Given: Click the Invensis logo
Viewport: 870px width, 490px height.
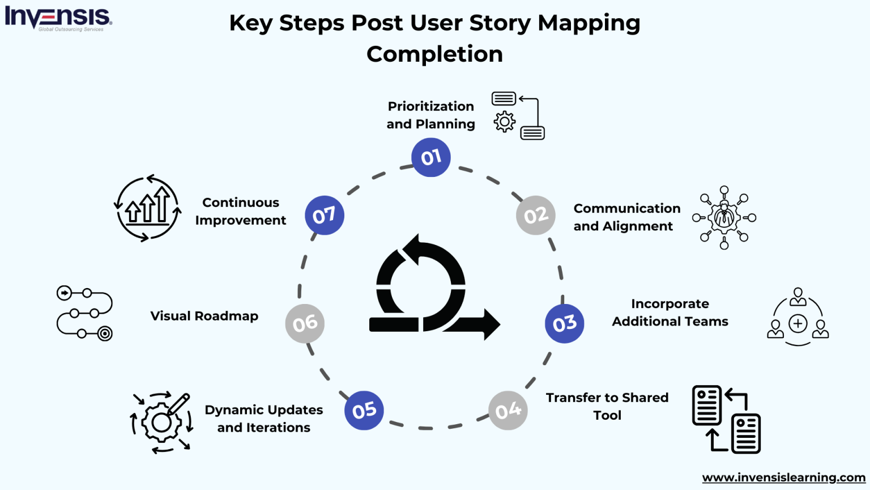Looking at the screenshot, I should [58, 18].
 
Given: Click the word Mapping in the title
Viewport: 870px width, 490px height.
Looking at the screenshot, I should [588, 24].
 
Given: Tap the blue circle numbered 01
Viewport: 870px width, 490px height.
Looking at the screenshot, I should [431, 157].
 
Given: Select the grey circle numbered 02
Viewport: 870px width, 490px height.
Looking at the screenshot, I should [535, 216].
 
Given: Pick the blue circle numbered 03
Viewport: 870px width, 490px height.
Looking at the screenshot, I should [564, 323].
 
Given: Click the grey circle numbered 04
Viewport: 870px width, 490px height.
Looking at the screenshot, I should [508, 410].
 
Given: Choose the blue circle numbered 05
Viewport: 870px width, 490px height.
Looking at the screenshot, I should [364, 410].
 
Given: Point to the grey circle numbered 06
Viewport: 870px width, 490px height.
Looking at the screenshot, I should [305, 323].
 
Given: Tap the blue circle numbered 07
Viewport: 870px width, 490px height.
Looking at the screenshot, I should [324, 216].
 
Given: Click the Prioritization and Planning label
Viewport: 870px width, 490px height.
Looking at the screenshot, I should [430, 115].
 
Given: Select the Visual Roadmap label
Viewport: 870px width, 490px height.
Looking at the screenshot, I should [204, 316].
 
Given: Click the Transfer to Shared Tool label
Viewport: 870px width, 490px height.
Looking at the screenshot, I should [607, 406].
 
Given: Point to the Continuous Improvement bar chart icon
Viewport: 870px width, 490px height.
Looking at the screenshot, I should [148, 208].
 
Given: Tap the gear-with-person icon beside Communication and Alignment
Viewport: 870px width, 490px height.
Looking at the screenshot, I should [724, 217].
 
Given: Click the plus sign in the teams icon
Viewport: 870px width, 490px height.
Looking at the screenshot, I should [797, 323].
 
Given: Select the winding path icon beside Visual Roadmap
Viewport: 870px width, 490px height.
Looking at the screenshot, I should [84, 312].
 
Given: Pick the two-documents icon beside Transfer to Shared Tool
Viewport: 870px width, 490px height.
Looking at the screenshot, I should [726, 419].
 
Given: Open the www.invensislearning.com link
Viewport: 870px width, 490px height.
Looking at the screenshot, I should [783, 478].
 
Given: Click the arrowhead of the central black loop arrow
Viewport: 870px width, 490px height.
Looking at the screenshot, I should [491, 324].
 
